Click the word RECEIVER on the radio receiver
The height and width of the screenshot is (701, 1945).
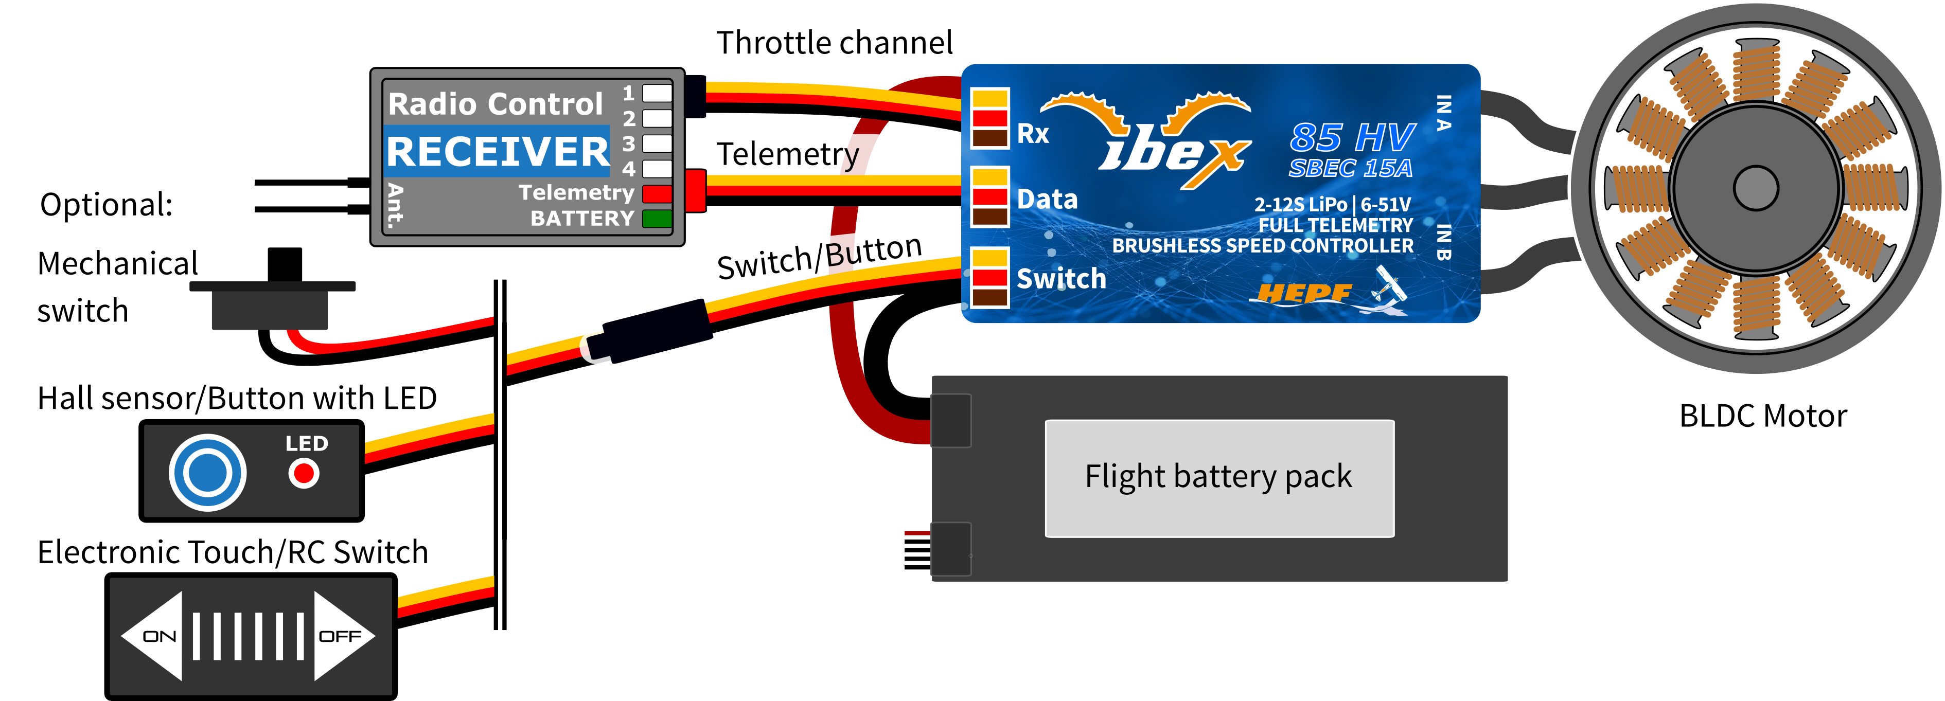point(498,152)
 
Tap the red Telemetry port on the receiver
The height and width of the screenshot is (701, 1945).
point(657,194)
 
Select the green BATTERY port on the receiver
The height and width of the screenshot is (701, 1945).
point(657,219)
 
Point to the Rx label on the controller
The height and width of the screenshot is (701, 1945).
point(1033,134)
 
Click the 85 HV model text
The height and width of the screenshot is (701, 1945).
point(1352,137)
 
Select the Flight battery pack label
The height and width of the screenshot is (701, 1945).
point(1218,477)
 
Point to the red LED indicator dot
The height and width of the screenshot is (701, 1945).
point(304,474)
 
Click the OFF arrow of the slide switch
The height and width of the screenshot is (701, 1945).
point(341,636)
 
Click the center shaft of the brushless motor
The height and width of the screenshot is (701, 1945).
point(1756,188)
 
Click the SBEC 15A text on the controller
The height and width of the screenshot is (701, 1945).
point(1350,168)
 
